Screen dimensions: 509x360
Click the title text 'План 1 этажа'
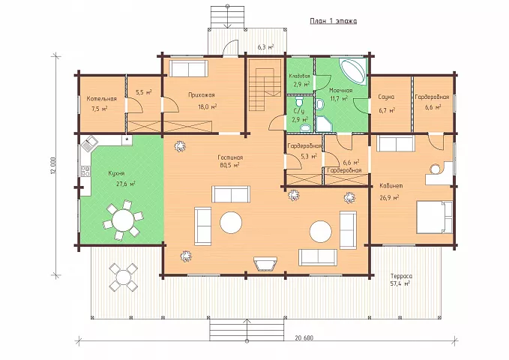click(334, 22)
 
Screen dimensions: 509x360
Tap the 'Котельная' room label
click(102, 99)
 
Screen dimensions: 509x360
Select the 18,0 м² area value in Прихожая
click(208, 106)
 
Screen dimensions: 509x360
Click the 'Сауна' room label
click(386, 97)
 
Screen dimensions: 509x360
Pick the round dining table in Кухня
click(123, 220)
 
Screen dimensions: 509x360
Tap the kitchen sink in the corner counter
click(89, 143)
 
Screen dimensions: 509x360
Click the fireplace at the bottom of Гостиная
click(265, 263)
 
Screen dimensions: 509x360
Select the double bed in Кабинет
click(434, 217)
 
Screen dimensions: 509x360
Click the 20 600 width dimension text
click(304, 338)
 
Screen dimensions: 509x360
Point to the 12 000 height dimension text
click(53, 166)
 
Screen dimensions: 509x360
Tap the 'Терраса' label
click(401, 276)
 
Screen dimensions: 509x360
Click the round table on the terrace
click(123, 277)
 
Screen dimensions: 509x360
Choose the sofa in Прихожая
click(189, 68)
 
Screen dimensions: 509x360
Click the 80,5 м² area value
click(229, 165)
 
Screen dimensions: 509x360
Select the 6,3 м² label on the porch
click(265, 47)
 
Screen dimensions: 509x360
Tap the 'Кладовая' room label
click(299, 76)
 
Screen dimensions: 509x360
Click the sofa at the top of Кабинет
click(396, 143)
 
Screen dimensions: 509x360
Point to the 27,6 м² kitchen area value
click(126, 184)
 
